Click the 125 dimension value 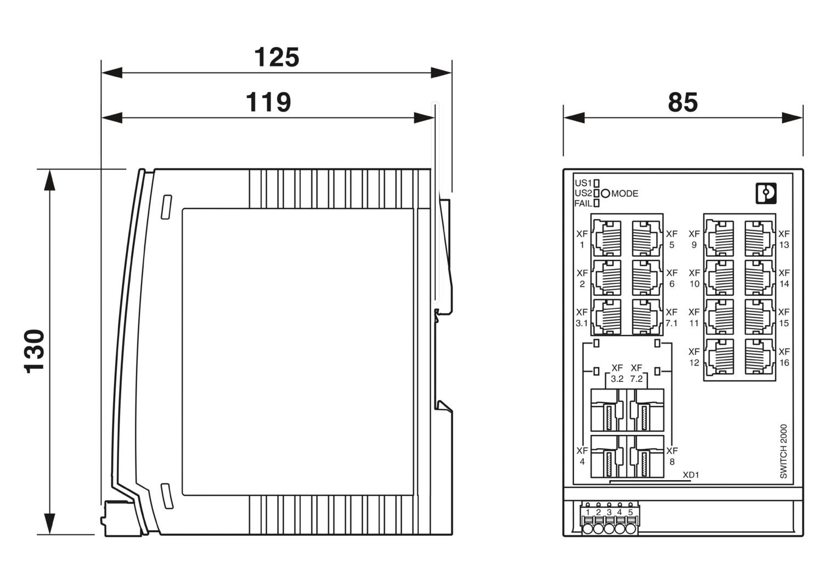click(x=277, y=58)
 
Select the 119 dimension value click(x=268, y=103)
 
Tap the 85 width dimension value click(x=683, y=103)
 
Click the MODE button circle click(x=605, y=193)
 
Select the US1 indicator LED click(x=596, y=183)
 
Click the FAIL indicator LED click(x=596, y=204)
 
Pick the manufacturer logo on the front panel click(x=766, y=193)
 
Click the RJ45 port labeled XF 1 click(x=607, y=238)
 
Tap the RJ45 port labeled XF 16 click(x=759, y=356)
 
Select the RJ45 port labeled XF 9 click(x=719, y=238)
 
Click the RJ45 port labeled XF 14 click(x=759, y=278)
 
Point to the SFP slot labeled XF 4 click(x=607, y=457)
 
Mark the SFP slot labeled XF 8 click(x=648, y=457)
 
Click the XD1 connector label click(x=690, y=475)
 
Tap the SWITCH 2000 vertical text click(x=783, y=451)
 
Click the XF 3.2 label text click(x=617, y=373)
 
